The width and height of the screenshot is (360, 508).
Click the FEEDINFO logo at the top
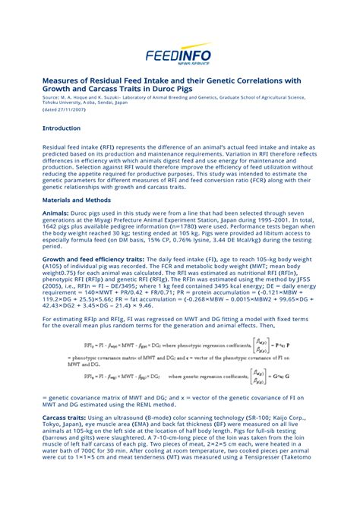179,55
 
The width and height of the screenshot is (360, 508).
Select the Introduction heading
62,128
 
